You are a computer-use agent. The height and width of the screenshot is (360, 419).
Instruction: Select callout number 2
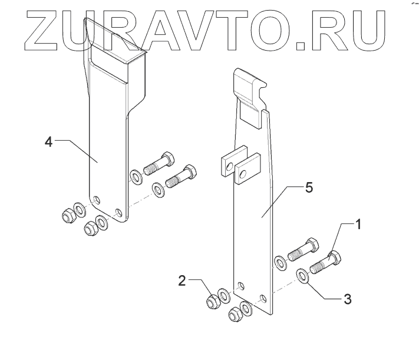click(x=183, y=281)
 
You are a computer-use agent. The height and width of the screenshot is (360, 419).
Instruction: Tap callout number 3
click(x=348, y=299)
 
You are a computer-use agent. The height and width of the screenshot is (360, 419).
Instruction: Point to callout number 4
click(x=49, y=142)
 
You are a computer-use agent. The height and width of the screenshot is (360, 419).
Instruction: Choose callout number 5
click(x=309, y=189)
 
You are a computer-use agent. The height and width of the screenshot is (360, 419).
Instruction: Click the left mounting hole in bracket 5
click(x=239, y=286)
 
